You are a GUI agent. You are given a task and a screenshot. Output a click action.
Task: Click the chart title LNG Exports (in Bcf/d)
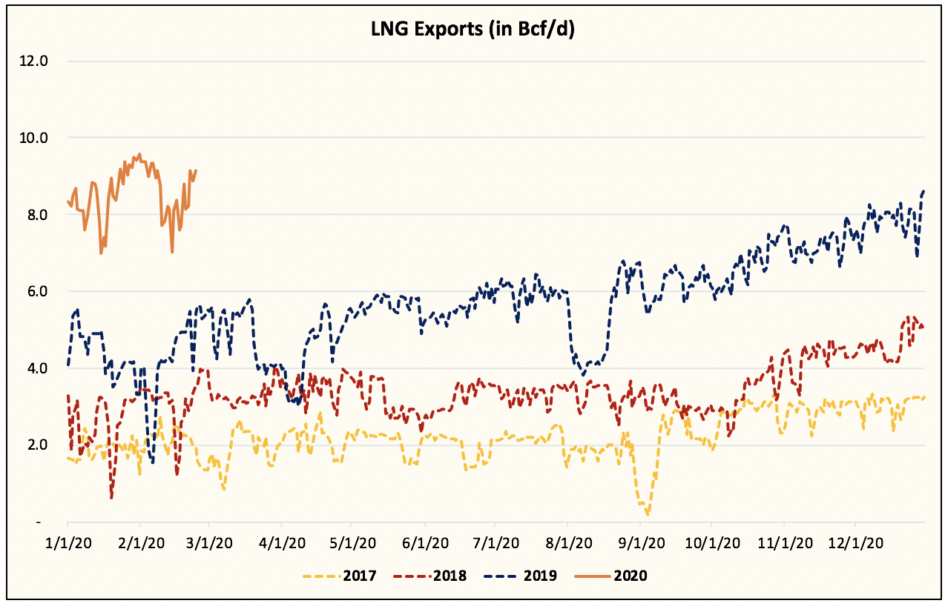pyautogui.click(x=472, y=29)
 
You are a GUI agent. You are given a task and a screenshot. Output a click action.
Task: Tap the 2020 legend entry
pyautogui.click(x=613, y=575)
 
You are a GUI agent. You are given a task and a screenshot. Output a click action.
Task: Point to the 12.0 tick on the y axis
pyautogui.click(x=33, y=61)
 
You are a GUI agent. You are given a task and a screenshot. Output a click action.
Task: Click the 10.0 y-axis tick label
pyautogui.click(x=33, y=138)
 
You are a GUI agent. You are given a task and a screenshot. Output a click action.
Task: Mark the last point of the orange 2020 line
pyautogui.click(x=196, y=170)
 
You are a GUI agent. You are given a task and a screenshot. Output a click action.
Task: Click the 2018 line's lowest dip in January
pyautogui.click(x=111, y=497)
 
